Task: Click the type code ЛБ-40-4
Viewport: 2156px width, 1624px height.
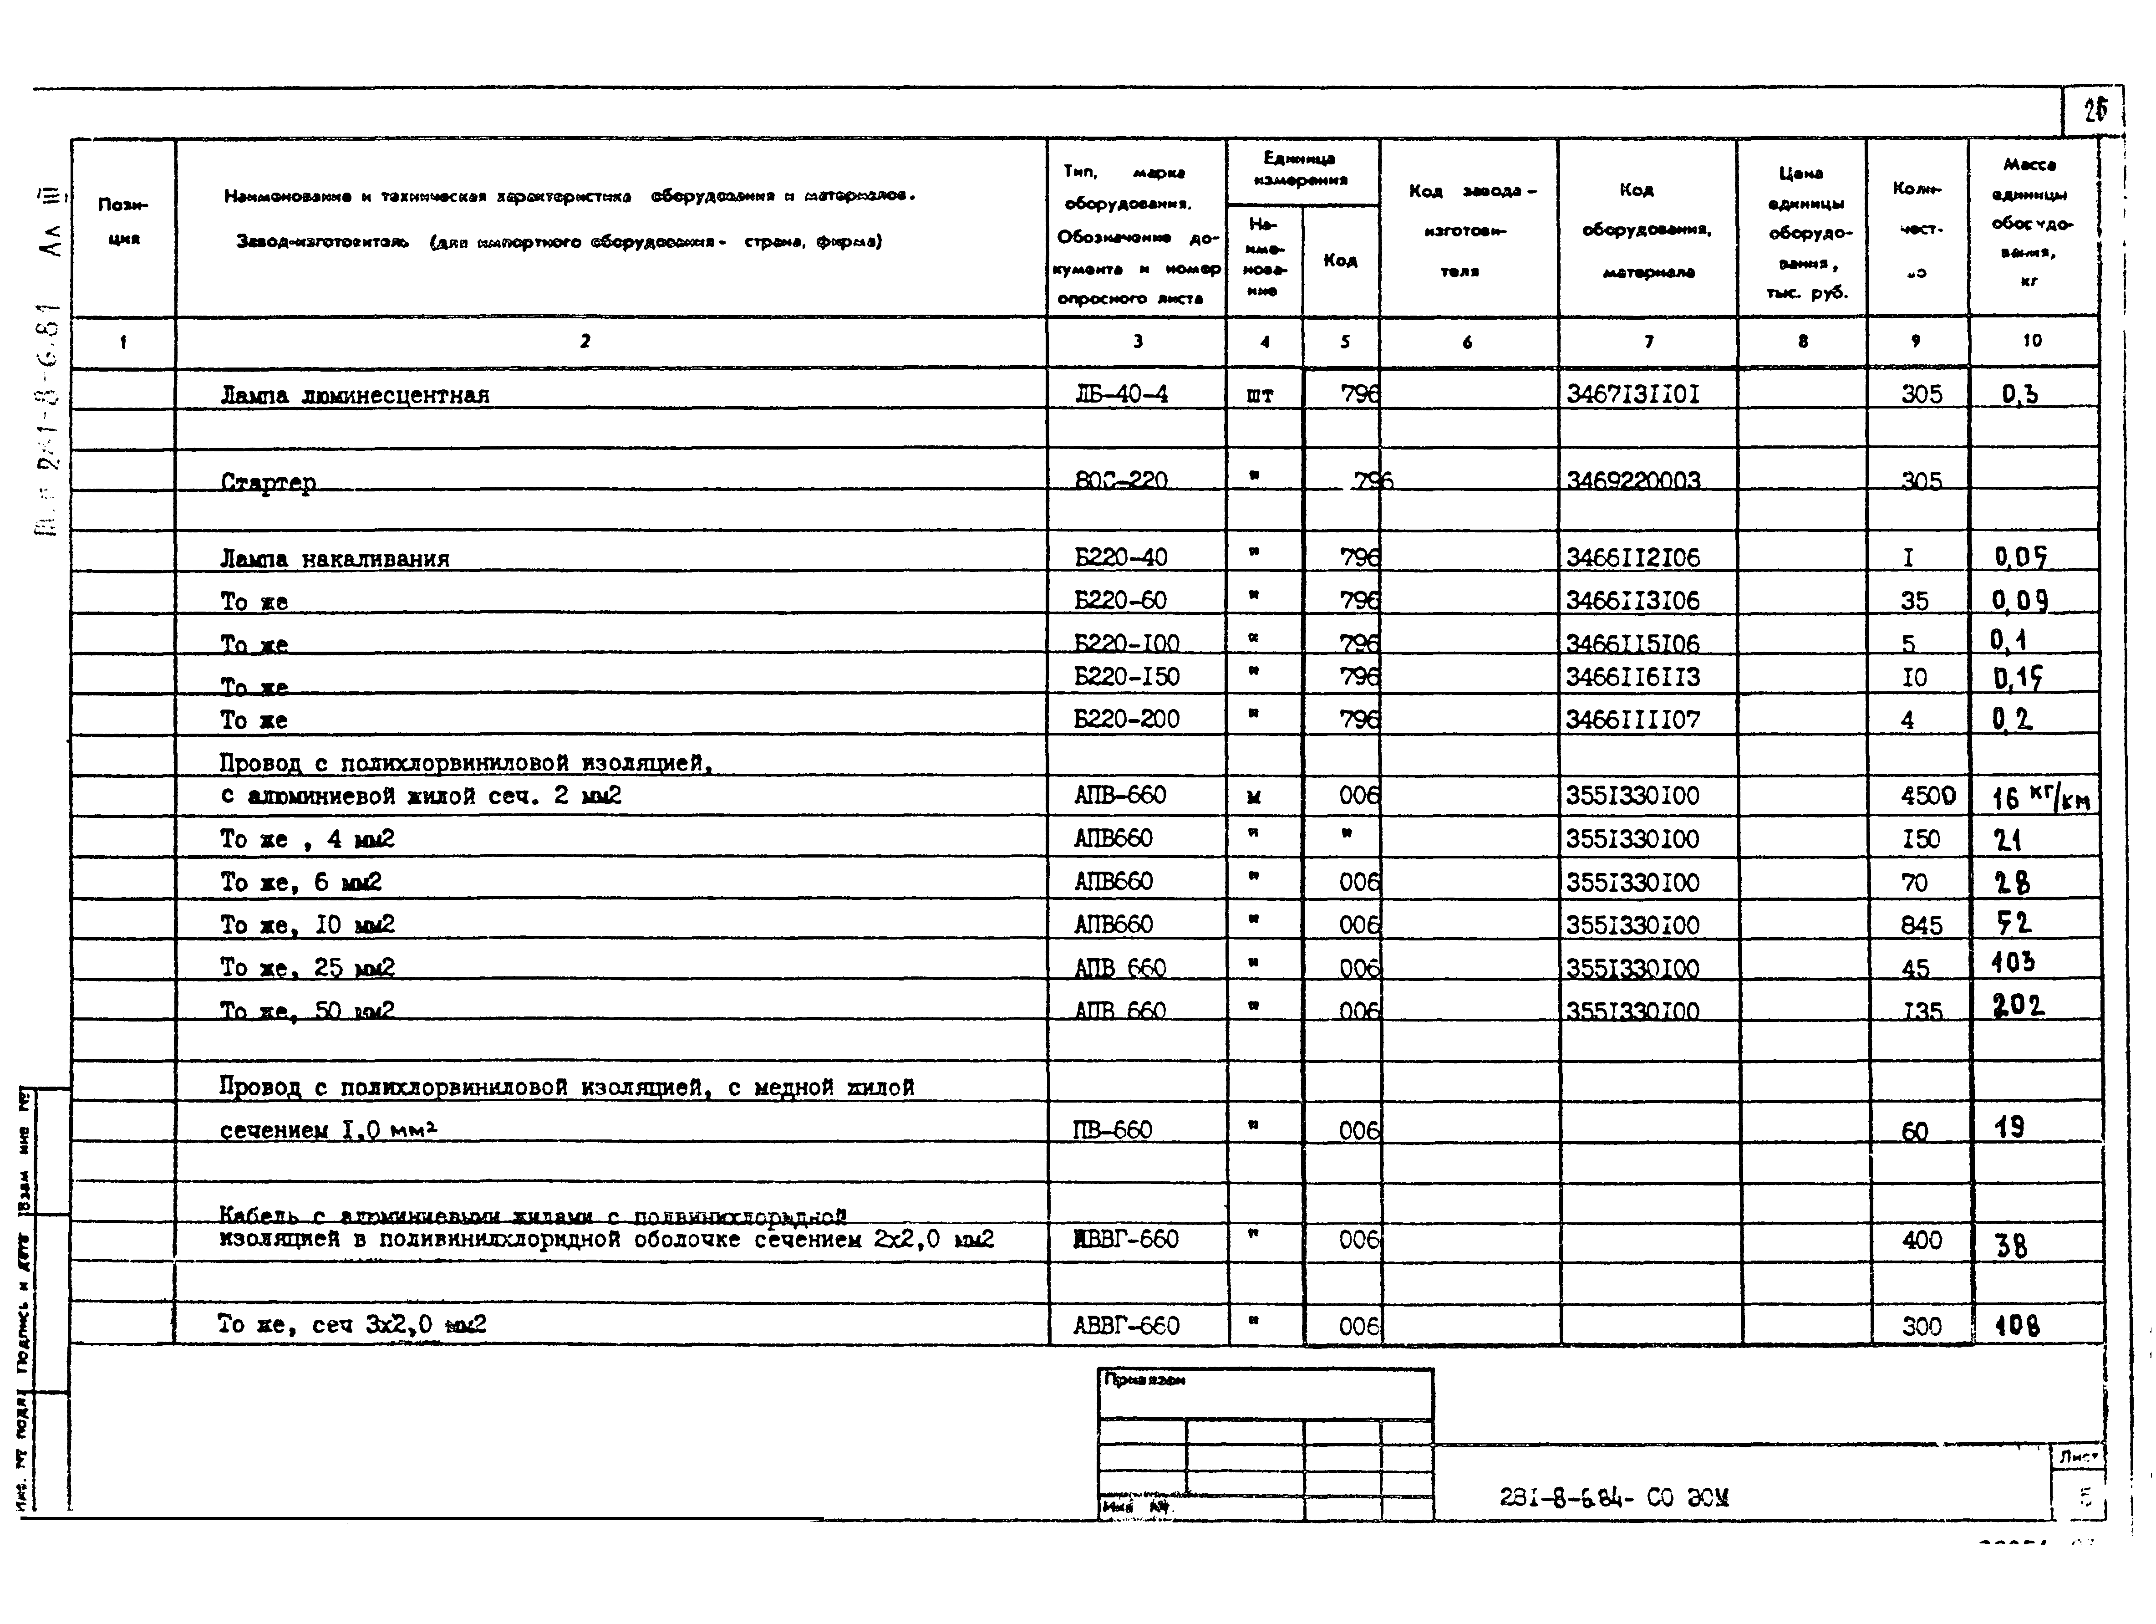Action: coord(1121,394)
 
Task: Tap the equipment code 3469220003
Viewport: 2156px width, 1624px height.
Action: coord(1633,480)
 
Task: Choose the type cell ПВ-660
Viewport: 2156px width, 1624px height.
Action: coord(1112,1130)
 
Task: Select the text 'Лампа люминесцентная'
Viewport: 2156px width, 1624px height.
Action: coord(355,395)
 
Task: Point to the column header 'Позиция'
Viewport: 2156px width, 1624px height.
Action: coord(123,221)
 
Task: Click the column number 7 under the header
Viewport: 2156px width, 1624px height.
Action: coord(1648,341)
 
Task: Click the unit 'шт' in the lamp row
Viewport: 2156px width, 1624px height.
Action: coord(1260,395)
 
